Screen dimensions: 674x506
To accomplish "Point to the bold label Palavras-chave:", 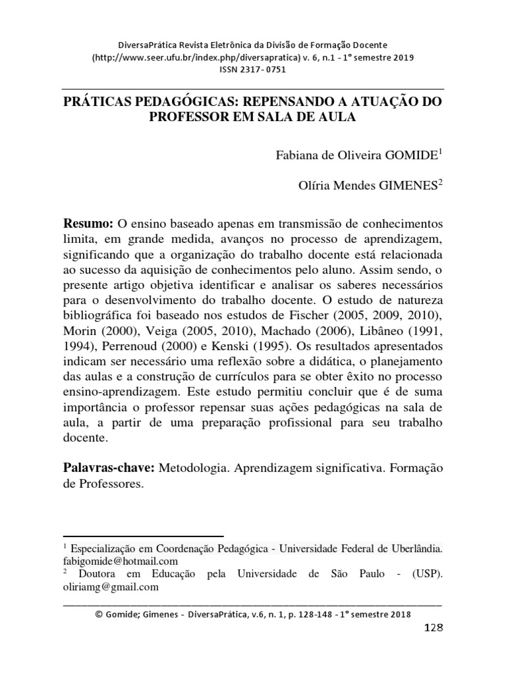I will (x=109, y=467).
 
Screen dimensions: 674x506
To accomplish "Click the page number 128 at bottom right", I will (x=432, y=627).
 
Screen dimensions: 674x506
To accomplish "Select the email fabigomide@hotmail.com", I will (x=121, y=561).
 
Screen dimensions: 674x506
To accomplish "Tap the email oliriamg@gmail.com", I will (x=111, y=587).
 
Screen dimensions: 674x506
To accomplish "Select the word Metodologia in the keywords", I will (x=192, y=467).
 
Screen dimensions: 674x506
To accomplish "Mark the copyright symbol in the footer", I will (x=99, y=614).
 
